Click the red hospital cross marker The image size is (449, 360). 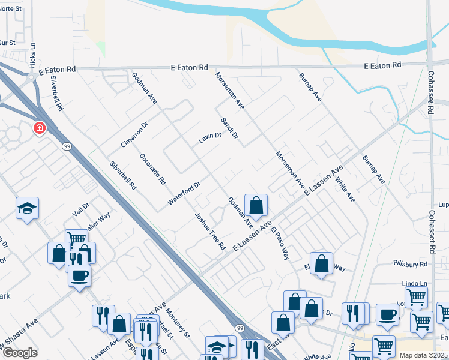[x=39, y=128]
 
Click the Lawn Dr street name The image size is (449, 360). [x=211, y=139]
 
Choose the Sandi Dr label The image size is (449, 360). [x=230, y=128]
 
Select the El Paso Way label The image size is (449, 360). [x=280, y=242]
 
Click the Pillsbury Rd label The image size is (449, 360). [x=411, y=263]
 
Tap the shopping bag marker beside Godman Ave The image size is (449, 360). [x=256, y=205]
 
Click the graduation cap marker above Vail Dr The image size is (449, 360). [x=27, y=208]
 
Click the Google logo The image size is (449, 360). [x=19, y=353]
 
